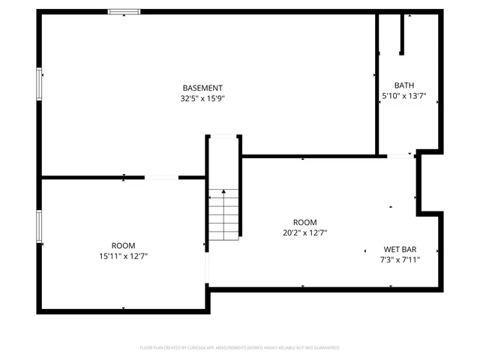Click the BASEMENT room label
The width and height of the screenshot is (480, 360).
(x=202, y=88)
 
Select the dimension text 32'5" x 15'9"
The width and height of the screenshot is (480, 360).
(x=202, y=98)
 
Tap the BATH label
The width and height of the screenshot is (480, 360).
(x=404, y=85)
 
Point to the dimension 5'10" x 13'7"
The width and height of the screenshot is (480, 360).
(x=404, y=96)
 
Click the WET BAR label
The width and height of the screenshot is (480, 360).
(x=400, y=249)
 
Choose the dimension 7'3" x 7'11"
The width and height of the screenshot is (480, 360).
(x=400, y=259)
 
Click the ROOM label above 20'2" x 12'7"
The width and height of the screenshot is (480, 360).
(x=304, y=222)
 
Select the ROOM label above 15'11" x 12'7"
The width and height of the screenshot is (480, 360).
(x=124, y=246)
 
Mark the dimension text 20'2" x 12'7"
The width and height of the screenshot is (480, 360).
(x=304, y=232)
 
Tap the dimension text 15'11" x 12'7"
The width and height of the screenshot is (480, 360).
(x=124, y=256)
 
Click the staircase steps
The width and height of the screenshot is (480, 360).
(x=223, y=217)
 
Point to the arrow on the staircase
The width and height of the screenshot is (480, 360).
(x=223, y=193)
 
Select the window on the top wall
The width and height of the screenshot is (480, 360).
(x=123, y=12)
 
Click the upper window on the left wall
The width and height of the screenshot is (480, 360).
(x=39, y=84)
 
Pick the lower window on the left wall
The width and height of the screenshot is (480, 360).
(x=39, y=228)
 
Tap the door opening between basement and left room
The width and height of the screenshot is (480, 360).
(x=161, y=178)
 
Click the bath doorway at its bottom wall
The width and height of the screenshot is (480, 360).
(x=399, y=156)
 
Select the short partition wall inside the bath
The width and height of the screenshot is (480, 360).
(x=402, y=34)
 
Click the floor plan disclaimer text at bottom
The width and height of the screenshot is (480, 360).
(x=240, y=348)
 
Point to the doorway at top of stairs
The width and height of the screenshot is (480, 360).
(x=223, y=136)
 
